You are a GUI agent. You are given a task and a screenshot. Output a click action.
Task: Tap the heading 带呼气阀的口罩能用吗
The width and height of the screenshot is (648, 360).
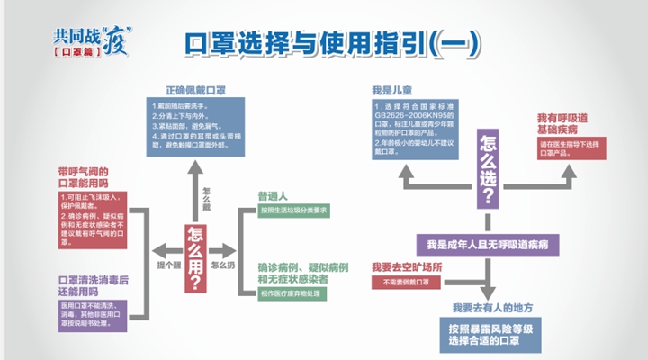tap(86, 177)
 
